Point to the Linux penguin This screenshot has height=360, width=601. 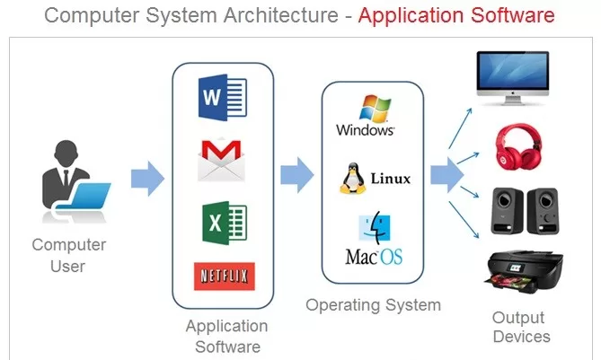pyautogui.click(x=352, y=177)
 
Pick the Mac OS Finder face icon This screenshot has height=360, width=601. pyautogui.click(x=374, y=229)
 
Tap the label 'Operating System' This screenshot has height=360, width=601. pyautogui.click(x=373, y=304)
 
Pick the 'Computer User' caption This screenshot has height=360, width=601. pyautogui.click(x=69, y=253)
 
